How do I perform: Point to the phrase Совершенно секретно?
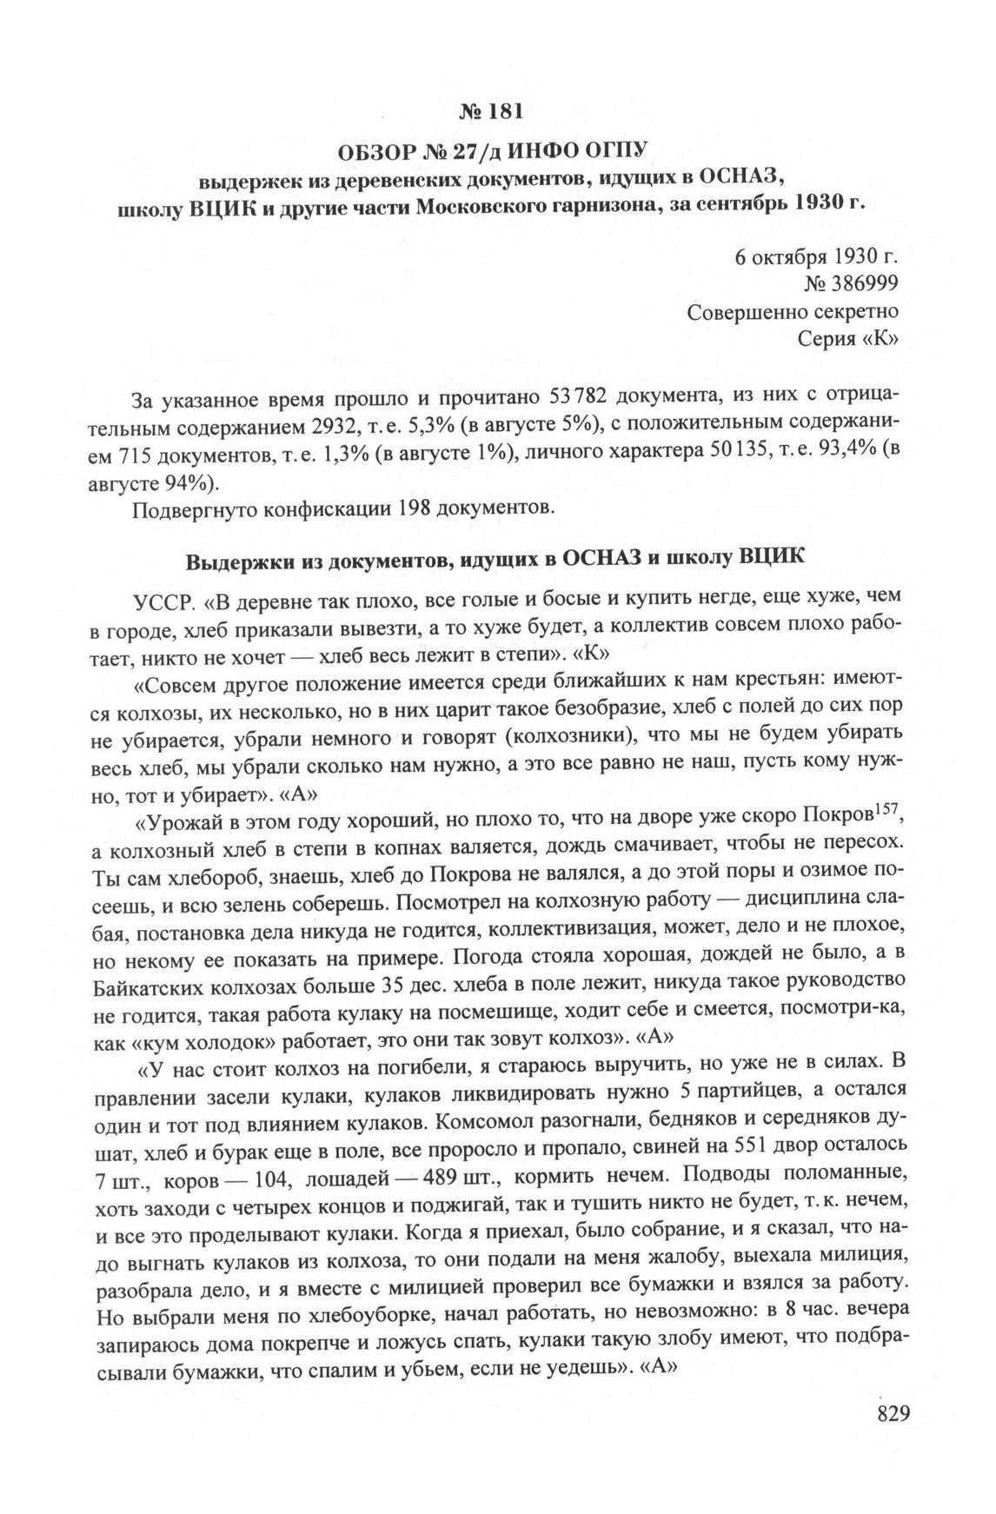pyautogui.click(x=793, y=310)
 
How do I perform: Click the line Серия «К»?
pyautogui.click(x=847, y=337)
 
